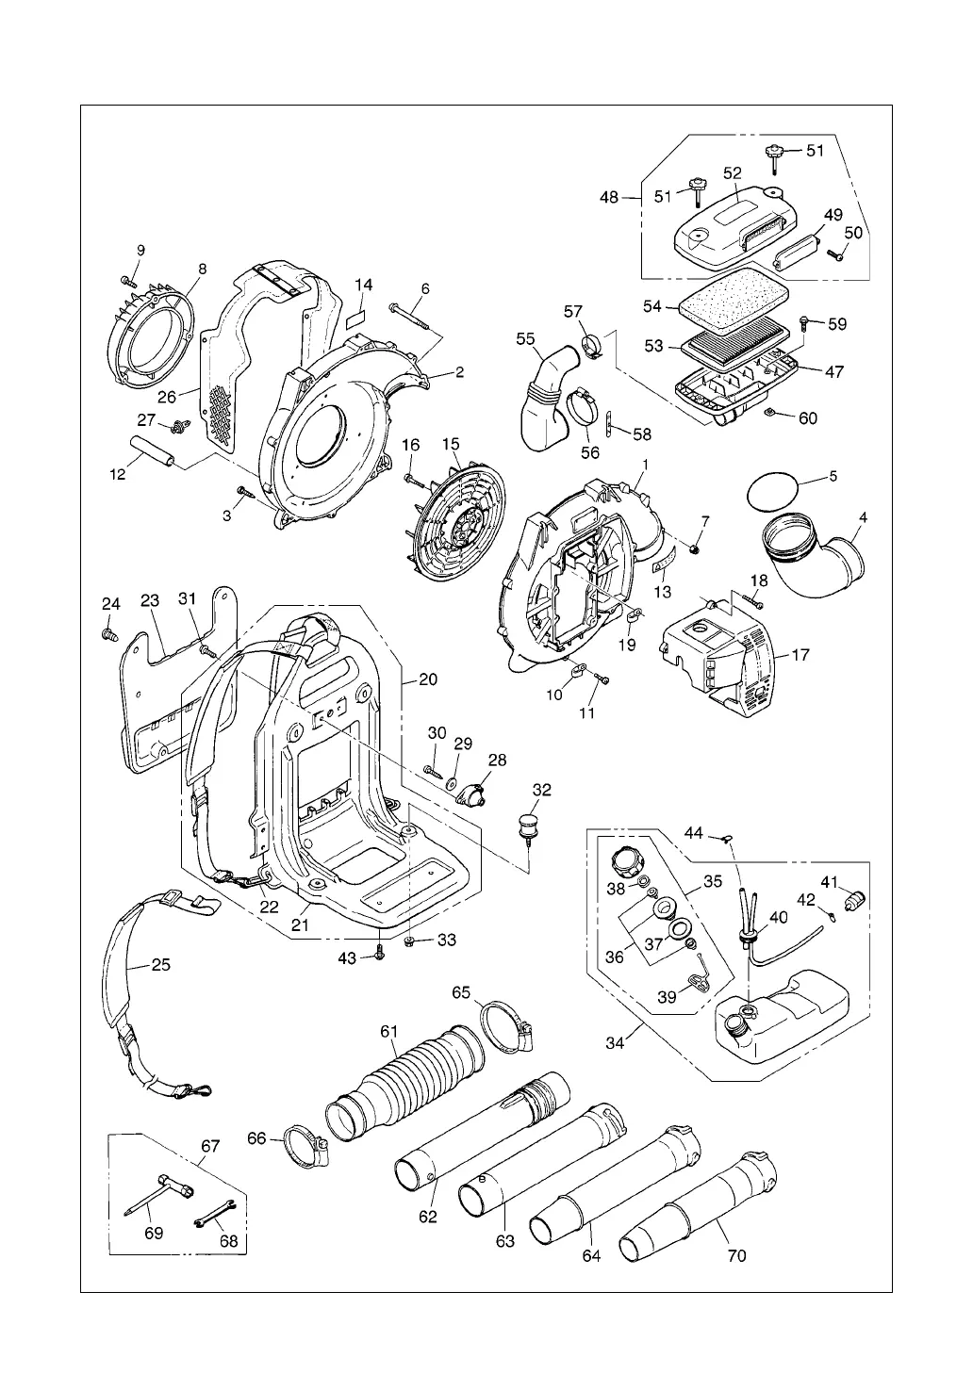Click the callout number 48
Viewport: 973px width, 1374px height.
[609, 197]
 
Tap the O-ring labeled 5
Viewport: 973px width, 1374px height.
[769, 491]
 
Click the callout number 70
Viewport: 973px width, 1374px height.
[737, 1255]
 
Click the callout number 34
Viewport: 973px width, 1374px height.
[616, 1043]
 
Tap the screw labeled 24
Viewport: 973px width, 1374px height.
[109, 633]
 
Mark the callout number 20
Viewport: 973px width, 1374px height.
[429, 679]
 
